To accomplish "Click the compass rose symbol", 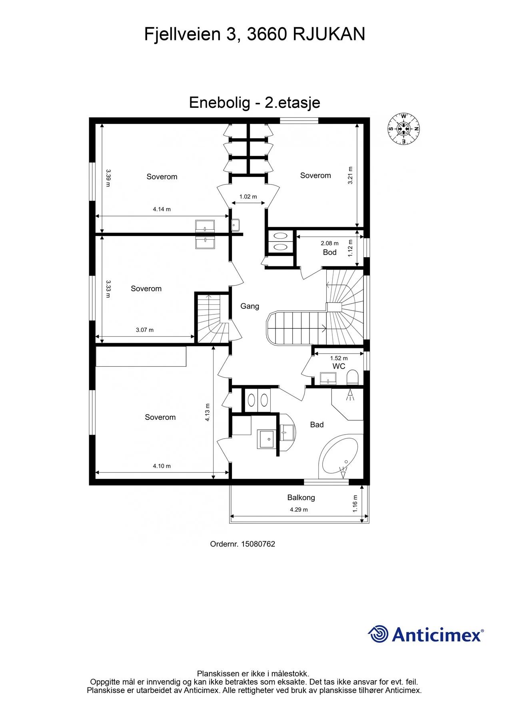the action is [x=403, y=129].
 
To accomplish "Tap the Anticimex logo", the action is [x=426, y=634].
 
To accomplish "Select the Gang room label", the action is [x=250, y=306].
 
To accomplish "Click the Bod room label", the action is [x=329, y=252].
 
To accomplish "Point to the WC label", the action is [x=339, y=366].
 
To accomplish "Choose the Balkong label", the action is [x=301, y=498].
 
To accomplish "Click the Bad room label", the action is [x=317, y=425].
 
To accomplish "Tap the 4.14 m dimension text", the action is [x=162, y=209].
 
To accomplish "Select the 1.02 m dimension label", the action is [x=248, y=197].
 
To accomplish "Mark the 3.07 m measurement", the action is [x=144, y=330].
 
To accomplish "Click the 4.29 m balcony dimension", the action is [x=299, y=510].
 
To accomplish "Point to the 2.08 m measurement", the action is [x=329, y=243].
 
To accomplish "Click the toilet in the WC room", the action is [x=352, y=377].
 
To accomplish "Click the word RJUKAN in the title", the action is [x=329, y=34].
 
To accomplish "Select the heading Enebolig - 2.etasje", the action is [x=254, y=103].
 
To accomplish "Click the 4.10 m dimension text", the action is [x=162, y=466].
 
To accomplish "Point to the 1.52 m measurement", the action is [x=339, y=358].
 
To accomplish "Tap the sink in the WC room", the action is [x=328, y=378].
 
